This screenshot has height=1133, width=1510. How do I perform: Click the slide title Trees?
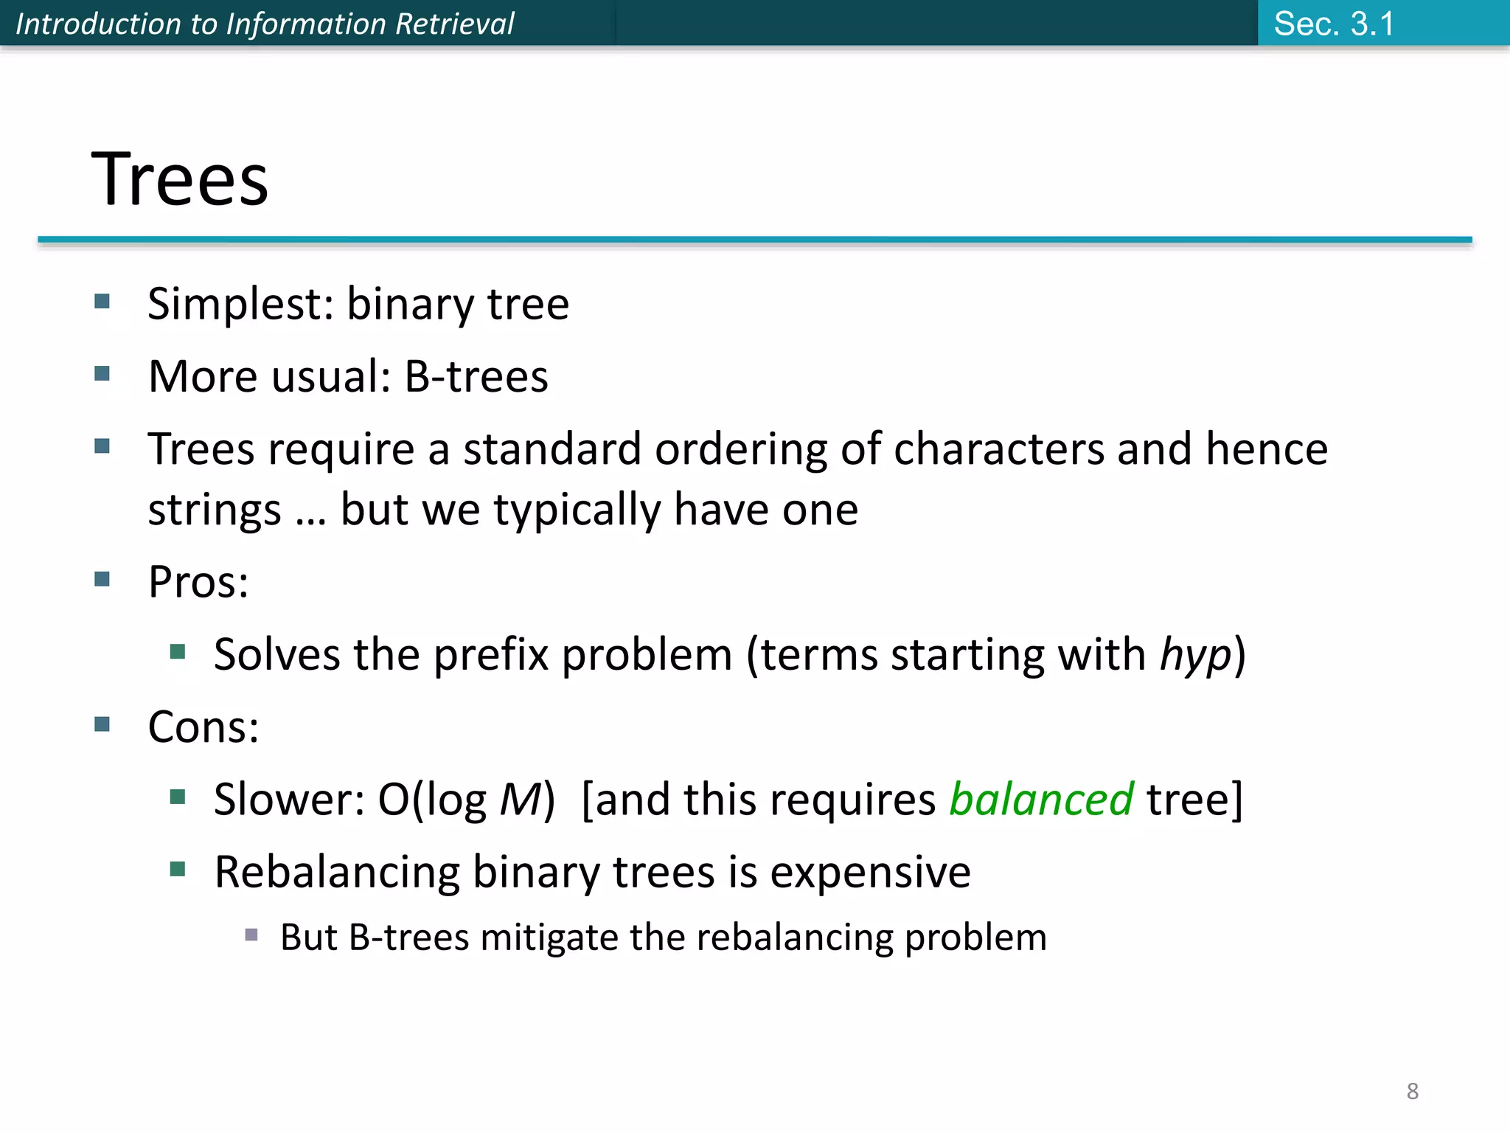tap(180, 179)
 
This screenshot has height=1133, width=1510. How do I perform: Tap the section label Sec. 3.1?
tap(1334, 24)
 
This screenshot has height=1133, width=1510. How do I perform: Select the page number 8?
tap(1412, 1091)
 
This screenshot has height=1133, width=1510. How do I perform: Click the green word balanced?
tap(1040, 799)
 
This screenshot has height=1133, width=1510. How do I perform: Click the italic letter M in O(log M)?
tap(521, 799)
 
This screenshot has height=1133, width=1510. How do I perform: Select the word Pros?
tap(198, 581)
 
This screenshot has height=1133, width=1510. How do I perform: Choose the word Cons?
tap(203, 727)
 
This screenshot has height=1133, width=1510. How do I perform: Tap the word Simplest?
tap(240, 304)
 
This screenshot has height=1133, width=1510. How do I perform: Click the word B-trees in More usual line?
tap(476, 376)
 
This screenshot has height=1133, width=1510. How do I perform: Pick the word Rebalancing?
tap(337, 872)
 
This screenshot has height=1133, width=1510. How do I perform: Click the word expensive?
tap(870, 872)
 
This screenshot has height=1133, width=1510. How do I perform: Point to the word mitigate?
tap(549, 938)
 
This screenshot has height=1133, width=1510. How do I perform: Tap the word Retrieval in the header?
tap(454, 24)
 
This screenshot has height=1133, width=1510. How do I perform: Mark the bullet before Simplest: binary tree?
tap(102, 301)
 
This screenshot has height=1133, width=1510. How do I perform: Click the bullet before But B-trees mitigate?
tap(251, 935)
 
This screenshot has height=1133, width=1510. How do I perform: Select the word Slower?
tap(288, 799)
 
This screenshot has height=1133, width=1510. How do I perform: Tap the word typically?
tap(577, 510)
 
